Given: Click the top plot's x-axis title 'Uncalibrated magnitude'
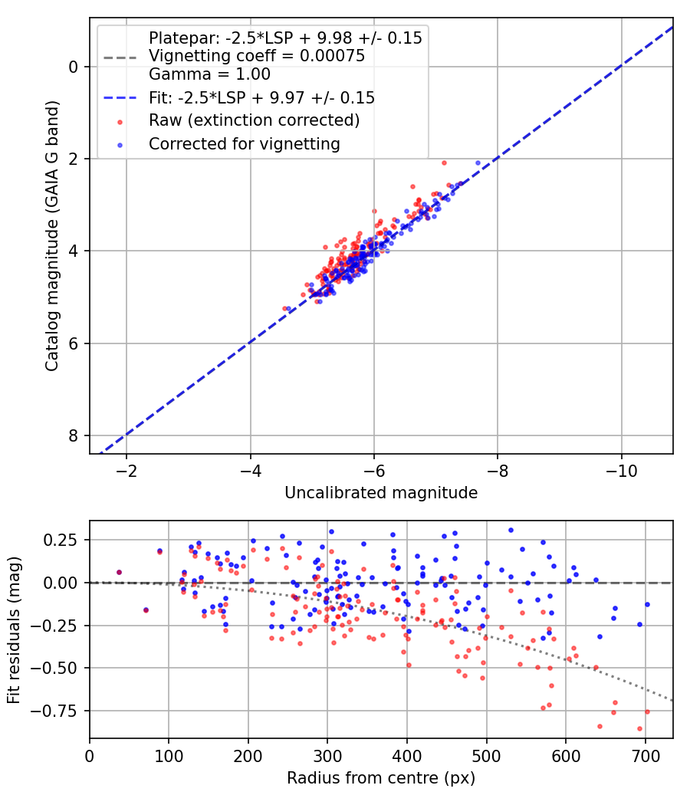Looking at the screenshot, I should pyautogui.click(x=381, y=493).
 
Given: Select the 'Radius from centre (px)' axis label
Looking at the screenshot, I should pyautogui.click(x=381, y=778).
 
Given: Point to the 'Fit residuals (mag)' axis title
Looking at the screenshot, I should pyautogui.click(x=13, y=629).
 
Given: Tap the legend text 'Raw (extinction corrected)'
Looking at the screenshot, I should pyautogui.click(x=254, y=120).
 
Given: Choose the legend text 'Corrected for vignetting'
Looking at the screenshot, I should pyautogui.click(x=245, y=143).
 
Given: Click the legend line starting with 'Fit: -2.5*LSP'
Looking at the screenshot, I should pyautogui.click(x=261, y=97).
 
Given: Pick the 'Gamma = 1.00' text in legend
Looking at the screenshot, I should pyautogui.click(x=209, y=74).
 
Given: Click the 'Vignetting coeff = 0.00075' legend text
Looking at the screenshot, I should pyautogui.click(x=257, y=56).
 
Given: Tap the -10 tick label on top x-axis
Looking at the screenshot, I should pyautogui.click(x=621, y=470).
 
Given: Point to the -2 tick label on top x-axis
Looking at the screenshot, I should pyautogui.click(x=127, y=470).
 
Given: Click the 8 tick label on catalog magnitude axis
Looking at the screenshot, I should pyautogui.click(x=74, y=436).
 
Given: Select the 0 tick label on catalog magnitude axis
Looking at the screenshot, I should pyautogui.click(x=74, y=67).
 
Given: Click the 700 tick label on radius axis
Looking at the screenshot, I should pyautogui.click(x=645, y=755).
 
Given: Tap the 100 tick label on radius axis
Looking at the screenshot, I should pyautogui.click(x=169, y=755).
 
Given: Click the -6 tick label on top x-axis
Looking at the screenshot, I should pyautogui.click(x=373, y=470).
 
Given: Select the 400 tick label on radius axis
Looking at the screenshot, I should pyautogui.click(x=407, y=755).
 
